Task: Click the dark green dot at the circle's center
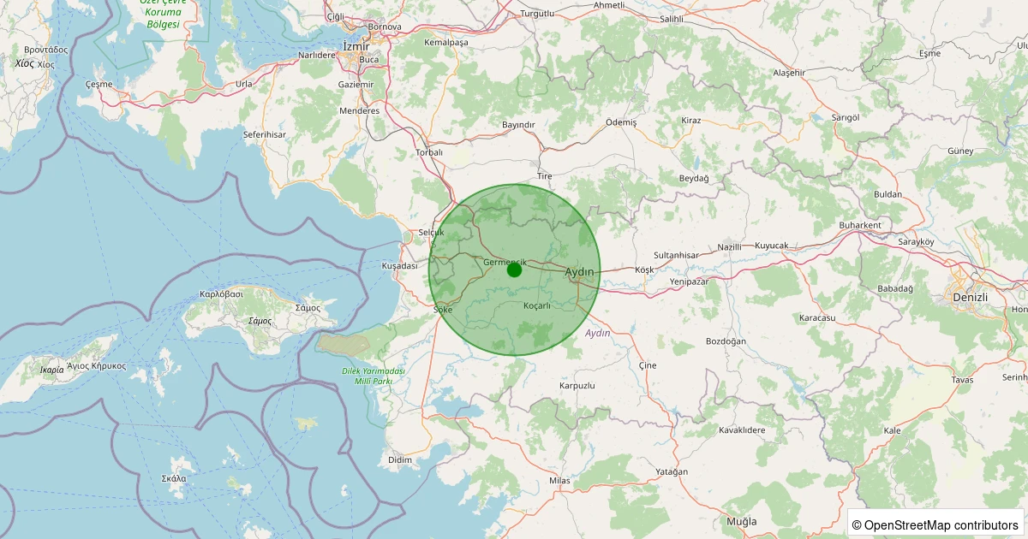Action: [x=514, y=269]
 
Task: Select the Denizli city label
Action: [x=970, y=297]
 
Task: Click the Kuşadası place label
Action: [x=399, y=266]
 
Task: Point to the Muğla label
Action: [x=741, y=521]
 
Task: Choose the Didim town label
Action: [x=400, y=459]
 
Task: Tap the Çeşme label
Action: [x=99, y=85]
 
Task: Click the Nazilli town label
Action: [x=730, y=246]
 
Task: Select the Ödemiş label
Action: [x=621, y=122]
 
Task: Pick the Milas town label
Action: [x=559, y=481]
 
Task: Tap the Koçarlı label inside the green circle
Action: [x=536, y=305]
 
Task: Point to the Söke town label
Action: [x=443, y=309]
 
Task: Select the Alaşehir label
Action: [x=789, y=73]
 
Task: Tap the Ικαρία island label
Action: [x=51, y=370]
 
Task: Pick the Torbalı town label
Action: [x=428, y=152]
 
